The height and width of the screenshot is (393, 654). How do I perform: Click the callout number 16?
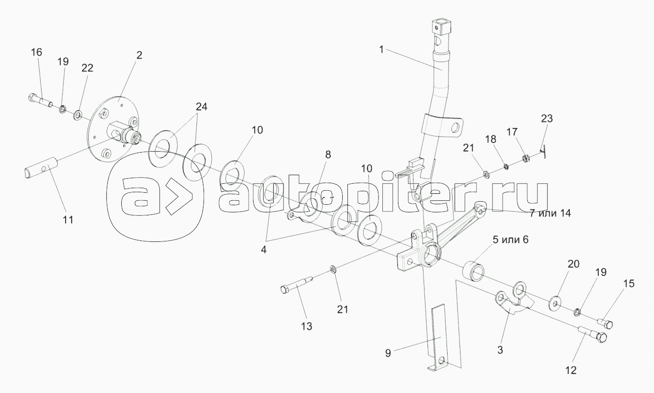pyautogui.click(x=37, y=52)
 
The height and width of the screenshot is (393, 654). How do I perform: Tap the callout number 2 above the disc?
pyautogui.click(x=139, y=55)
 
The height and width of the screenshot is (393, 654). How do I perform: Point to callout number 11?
pyautogui.click(x=68, y=219)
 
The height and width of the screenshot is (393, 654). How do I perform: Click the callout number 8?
pyautogui.click(x=328, y=155)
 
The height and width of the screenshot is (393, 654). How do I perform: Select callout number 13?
pyautogui.click(x=306, y=326)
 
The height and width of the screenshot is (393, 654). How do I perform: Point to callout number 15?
pyautogui.click(x=628, y=284)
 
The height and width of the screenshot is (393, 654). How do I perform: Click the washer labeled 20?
pyautogui.click(x=556, y=304)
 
